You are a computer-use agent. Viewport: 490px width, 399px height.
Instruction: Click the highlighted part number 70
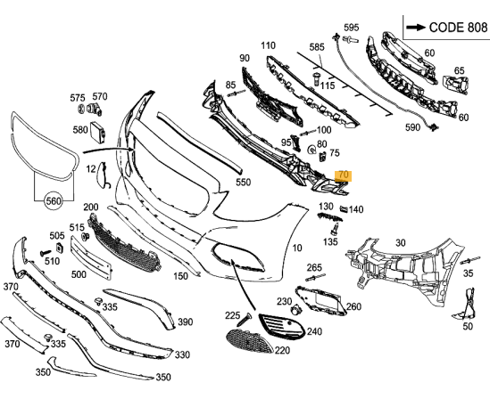pos(343,175)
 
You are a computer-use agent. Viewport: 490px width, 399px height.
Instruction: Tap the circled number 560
pos(54,201)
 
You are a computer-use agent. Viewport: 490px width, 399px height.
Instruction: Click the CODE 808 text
pos(458,28)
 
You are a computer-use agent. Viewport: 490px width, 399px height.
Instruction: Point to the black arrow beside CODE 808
pos(416,28)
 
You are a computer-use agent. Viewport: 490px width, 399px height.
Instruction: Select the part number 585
pos(317,47)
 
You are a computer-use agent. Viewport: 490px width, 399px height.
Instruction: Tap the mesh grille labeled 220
pos(249,341)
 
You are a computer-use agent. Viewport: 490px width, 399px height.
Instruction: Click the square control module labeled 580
pos(98,133)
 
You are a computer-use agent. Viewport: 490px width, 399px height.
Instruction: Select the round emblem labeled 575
pos(81,109)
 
